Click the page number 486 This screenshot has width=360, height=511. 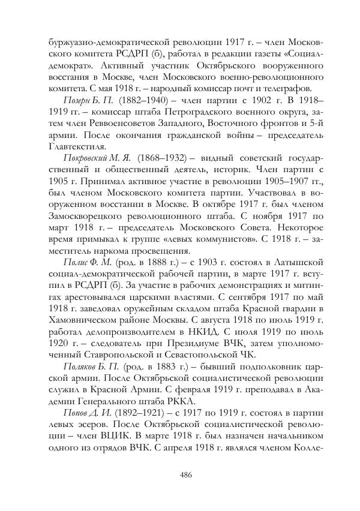[185, 474]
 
